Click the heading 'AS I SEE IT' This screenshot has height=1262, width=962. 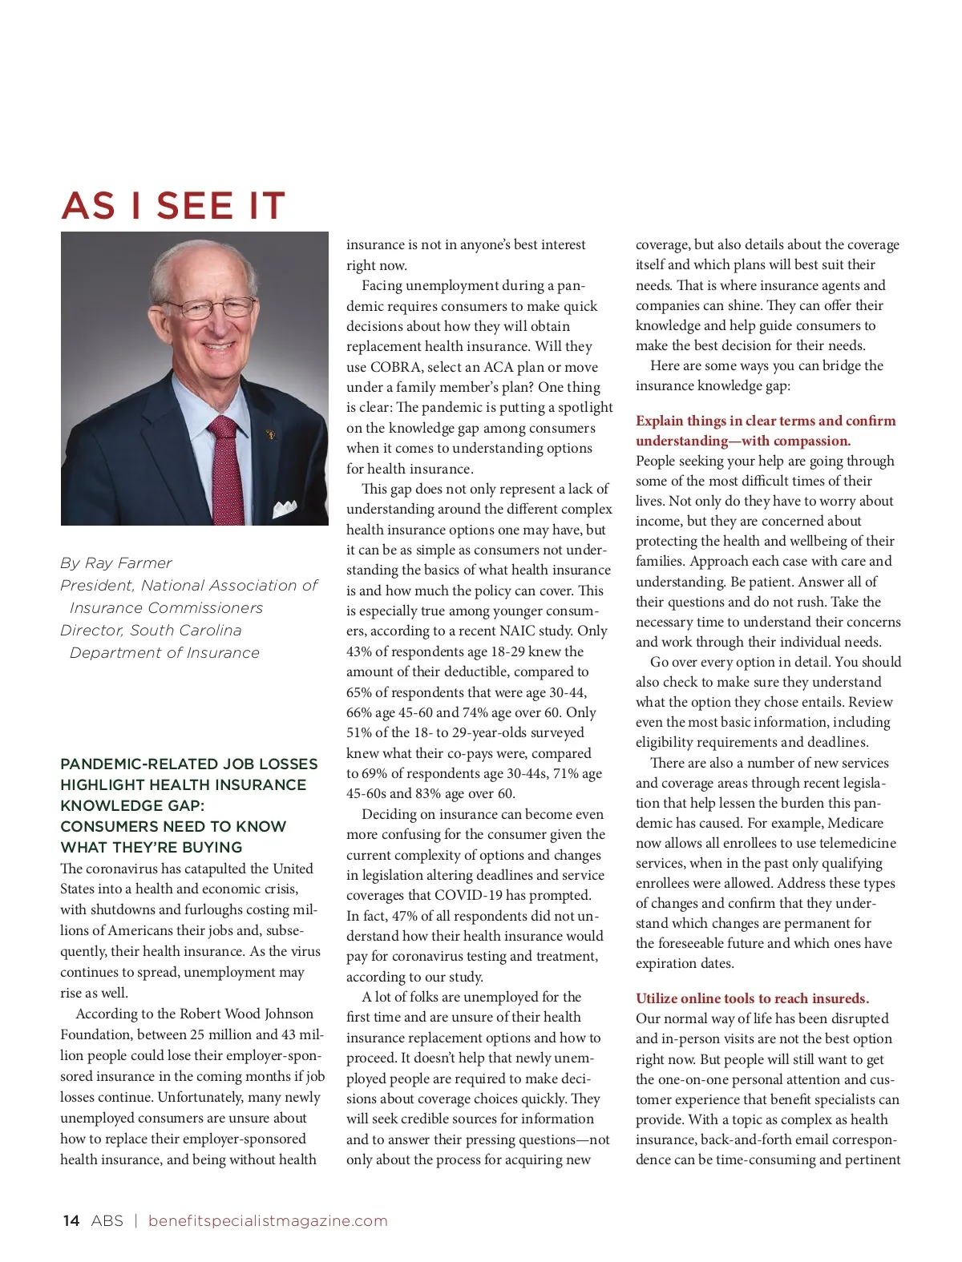pos(173,206)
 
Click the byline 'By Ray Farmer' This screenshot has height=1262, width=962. pos(116,562)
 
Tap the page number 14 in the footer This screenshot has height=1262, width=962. pos(71,1220)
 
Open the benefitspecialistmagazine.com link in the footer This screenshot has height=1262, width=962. pos(268,1220)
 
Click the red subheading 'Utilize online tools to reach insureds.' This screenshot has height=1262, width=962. pos(752,998)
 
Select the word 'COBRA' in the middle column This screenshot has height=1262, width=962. pos(396,367)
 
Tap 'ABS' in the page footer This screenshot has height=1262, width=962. pos(107,1220)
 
